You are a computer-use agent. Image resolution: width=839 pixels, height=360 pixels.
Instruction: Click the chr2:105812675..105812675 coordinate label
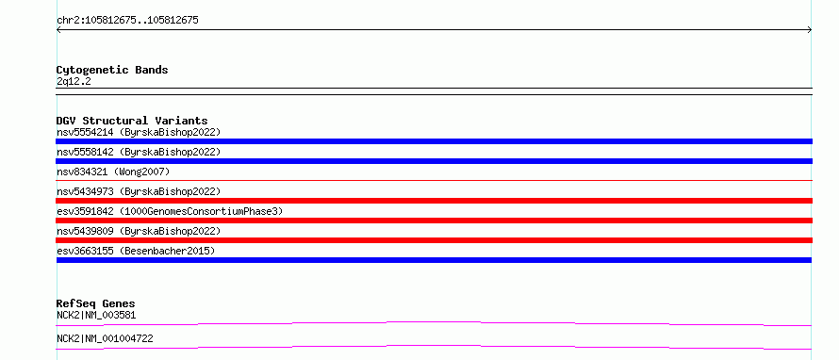click(x=127, y=21)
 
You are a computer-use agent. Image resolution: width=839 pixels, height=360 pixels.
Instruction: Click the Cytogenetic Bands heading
click(x=112, y=70)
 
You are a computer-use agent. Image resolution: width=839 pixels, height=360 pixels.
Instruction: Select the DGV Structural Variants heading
click(x=132, y=121)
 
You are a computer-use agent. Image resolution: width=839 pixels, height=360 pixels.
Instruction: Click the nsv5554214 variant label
click(x=139, y=132)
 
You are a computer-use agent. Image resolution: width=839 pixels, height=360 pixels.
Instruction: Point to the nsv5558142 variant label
click(x=139, y=152)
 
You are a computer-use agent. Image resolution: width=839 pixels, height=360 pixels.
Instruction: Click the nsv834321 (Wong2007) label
click(x=113, y=172)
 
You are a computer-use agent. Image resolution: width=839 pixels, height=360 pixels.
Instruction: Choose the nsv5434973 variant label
click(x=139, y=191)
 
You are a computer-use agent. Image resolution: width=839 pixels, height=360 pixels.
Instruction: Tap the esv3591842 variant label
click(x=170, y=211)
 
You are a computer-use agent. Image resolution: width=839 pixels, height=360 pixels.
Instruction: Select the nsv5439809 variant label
click(x=139, y=231)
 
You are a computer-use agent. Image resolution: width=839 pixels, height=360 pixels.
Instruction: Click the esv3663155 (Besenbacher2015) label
click(x=136, y=251)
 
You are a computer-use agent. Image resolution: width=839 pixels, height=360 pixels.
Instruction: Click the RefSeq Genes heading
click(x=96, y=303)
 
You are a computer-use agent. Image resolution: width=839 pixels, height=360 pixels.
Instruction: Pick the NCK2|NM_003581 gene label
click(x=96, y=315)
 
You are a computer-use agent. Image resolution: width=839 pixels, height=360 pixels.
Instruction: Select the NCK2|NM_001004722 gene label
click(x=105, y=338)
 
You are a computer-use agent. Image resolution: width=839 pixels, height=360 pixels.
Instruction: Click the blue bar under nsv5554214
click(x=434, y=141)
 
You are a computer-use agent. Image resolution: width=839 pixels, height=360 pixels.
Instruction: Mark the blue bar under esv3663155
click(x=434, y=260)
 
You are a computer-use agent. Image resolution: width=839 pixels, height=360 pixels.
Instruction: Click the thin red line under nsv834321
click(x=434, y=181)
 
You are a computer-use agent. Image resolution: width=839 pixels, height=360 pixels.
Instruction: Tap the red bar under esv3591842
click(x=434, y=221)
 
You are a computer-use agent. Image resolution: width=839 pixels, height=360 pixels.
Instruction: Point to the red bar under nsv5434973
click(x=434, y=201)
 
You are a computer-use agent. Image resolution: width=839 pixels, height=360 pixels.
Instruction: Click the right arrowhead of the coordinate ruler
click(x=811, y=30)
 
